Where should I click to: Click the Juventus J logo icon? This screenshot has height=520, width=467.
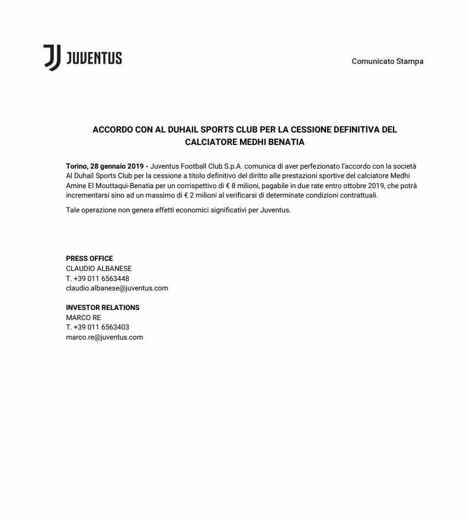[x=52, y=58]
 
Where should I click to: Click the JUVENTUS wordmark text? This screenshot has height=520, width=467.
[x=94, y=58]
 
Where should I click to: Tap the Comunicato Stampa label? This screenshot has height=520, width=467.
[x=387, y=62]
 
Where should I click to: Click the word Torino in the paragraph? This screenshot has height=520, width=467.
[x=76, y=167]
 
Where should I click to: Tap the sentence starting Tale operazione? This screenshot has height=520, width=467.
[x=178, y=210]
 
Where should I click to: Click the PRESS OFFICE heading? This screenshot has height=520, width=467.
[x=89, y=259]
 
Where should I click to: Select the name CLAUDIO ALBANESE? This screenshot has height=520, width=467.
[x=98, y=269]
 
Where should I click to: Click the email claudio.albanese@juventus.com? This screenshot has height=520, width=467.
[x=117, y=288]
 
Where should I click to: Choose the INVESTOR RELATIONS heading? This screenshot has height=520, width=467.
[x=103, y=308]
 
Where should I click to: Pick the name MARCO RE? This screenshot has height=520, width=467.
[x=83, y=318]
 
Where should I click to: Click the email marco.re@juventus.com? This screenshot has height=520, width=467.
[x=104, y=337]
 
